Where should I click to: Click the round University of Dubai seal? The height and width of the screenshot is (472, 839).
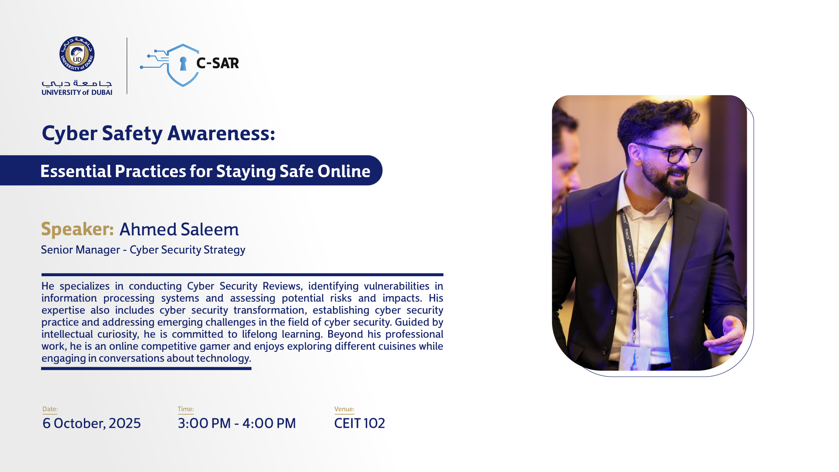77,54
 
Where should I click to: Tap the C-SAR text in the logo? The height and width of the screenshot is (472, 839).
218,63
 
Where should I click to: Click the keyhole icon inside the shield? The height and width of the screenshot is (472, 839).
183,64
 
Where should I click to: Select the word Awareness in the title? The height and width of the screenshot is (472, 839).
221,133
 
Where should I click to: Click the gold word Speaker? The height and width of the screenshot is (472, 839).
77,229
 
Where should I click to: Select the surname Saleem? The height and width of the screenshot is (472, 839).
210,229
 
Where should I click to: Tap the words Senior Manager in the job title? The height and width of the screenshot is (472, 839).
80,250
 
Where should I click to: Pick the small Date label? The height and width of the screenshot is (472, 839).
50,409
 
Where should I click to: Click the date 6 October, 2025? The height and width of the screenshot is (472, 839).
92,423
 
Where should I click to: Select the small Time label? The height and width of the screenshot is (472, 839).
186,409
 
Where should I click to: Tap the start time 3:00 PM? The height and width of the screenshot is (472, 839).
204,423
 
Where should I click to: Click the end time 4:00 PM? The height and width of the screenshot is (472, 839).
269,423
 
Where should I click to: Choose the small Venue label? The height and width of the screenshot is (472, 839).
344,409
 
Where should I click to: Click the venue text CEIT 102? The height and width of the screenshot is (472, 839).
359,423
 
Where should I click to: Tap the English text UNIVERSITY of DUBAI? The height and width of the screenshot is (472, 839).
77,92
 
